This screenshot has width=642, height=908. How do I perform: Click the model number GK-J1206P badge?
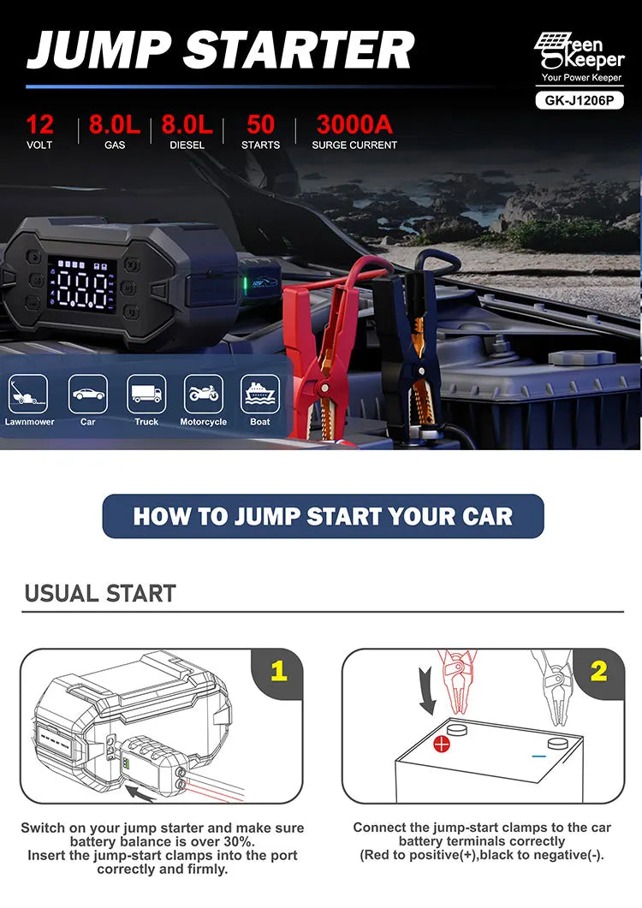pyautogui.click(x=579, y=99)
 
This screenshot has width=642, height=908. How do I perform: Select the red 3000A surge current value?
pyautogui.click(x=354, y=124)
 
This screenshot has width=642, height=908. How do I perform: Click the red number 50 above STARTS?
pyautogui.click(x=260, y=124)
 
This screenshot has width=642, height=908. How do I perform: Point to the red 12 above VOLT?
pyautogui.click(x=39, y=124)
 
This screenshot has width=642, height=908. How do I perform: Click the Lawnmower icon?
pyautogui.click(x=29, y=395)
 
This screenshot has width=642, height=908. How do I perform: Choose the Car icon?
pyautogui.click(x=87, y=395)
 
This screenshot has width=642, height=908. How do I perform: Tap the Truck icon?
pyautogui.click(x=146, y=395)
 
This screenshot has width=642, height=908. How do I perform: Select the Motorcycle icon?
pyautogui.click(x=203, y=395)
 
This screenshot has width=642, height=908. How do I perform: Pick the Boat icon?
pyautogui.click(x=260, y=395)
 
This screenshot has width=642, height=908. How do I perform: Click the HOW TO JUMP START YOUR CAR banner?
pyautogui.click(x=323, y=516)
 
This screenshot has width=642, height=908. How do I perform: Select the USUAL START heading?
pyautogui.click(x=100, y=593)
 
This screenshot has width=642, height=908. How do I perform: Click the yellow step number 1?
pyautogui.click(x=277, y=671)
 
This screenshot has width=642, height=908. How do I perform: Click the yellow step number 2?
pyautogui.click(x=598, y=671)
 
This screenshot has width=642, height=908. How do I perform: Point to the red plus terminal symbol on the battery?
pyautogui.click(x=442, y=743)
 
